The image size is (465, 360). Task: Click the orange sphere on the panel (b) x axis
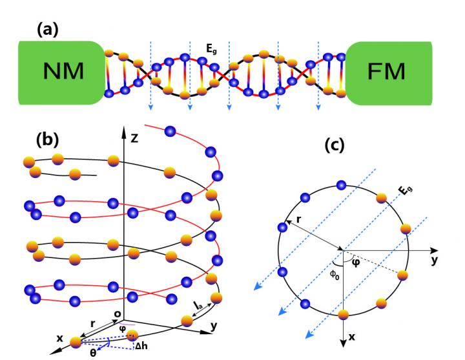coord(76,343)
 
